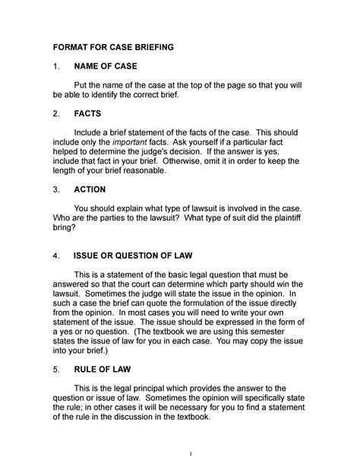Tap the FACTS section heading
coord(88,113)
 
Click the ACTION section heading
coord(91,189)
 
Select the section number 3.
coord(54,189)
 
